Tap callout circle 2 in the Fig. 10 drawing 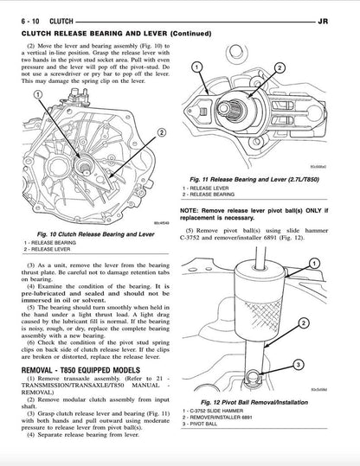point(161,133)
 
